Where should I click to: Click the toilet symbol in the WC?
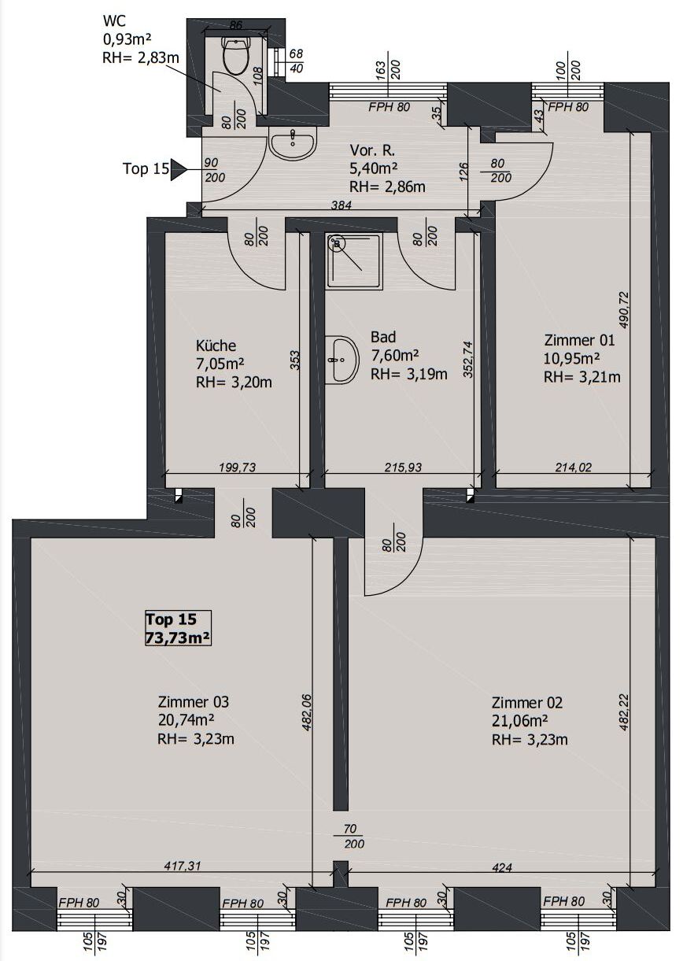coord(234,55)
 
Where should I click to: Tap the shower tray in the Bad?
coord(354,261)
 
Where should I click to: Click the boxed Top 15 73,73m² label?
coord(178,628)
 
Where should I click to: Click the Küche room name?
coord(216,346)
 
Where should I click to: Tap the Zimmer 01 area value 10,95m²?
coord(571,358)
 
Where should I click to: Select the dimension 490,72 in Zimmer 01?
coord(624,310)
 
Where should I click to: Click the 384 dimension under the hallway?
coord(341,205)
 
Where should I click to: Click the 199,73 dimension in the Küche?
coord(238,467)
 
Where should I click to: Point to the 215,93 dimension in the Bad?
coord(403,467)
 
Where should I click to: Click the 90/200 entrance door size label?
coord(215,170)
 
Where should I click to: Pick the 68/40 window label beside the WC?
coord(296,61)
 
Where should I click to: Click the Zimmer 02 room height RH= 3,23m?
coord(530,740)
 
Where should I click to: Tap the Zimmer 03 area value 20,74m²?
coord(186,719)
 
